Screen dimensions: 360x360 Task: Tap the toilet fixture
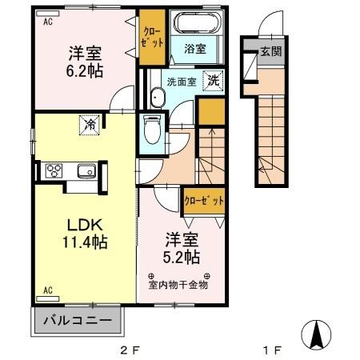(x=152, y=130)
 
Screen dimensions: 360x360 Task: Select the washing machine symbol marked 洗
(x=213, y=81)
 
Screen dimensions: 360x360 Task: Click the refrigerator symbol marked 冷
(x=90, y=125)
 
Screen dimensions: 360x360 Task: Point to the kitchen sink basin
(x=86, y=170)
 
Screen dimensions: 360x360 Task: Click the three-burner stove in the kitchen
(x=54, y=170)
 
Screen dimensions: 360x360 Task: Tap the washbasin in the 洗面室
(x=158, y=98)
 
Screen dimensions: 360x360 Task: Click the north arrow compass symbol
(x=316, y=335)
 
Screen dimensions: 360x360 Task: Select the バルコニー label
(x=78, y=320)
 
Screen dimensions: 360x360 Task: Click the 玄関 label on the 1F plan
(x=271, y=51)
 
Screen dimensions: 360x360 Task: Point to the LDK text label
(x=85, y=225)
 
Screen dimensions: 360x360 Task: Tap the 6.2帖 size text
(x=85, y=71)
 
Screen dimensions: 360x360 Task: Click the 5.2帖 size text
(x=182, y=257)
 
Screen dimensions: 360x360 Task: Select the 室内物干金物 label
(x=178, y=285)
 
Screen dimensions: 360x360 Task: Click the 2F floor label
(x=130, y=350)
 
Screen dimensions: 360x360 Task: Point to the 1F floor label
(x=273, y=350)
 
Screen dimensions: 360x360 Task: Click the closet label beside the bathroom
(x=152, y=38)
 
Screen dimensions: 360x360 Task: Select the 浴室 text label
(x=195, y=49)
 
